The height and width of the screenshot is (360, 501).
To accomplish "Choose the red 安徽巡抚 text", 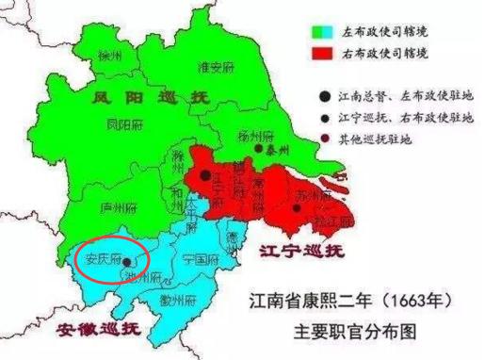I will tap(98, 329).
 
